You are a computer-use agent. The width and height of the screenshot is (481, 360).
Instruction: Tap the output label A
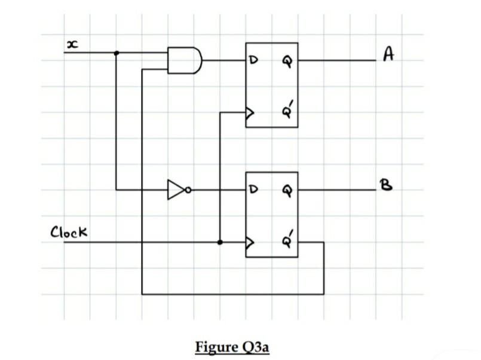pos(389,56)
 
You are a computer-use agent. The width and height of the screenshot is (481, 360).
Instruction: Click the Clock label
pos(69,231)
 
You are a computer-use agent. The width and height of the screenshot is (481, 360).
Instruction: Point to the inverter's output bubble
pos(189,190)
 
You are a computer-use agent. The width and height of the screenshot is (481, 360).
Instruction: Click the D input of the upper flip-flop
pos(253,60)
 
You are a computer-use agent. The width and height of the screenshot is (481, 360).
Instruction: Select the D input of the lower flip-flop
pos(253,190)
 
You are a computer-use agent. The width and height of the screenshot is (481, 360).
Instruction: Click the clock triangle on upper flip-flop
pos(250,111)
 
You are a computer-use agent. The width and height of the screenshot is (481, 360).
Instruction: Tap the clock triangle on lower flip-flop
pos(250,243)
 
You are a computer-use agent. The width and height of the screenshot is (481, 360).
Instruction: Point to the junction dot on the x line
pos(116,53)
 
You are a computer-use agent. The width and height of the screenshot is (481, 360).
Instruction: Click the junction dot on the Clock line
pos(220,243)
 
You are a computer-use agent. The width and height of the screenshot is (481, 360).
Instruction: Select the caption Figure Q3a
pos(232,347)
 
